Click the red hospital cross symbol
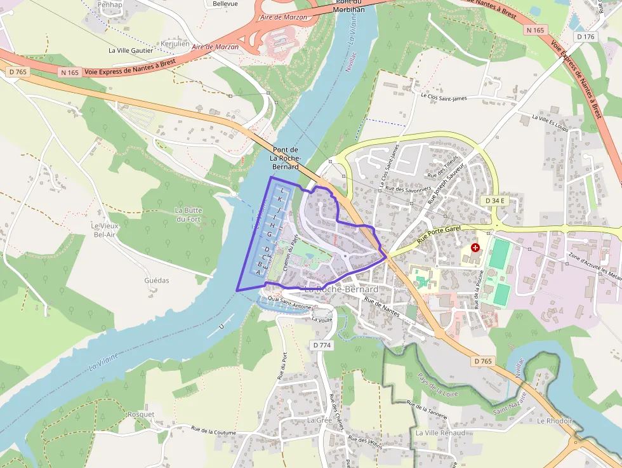click(x=475, y=248)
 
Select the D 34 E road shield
click(x=494, y=201)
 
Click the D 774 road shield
click(x=322, y=345)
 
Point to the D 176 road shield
click(x=585, y=37)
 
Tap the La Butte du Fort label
click(x=188, y=215)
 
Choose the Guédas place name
click(x=157, y=280)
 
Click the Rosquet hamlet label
click(x=141, y=415)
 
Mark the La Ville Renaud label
click(x=440, y=433)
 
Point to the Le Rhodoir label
click(x=555, y=421)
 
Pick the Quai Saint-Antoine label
click(x=290, y=304)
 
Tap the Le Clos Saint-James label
click(x=444, y=97)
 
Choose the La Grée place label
click(x=320, y=420)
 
